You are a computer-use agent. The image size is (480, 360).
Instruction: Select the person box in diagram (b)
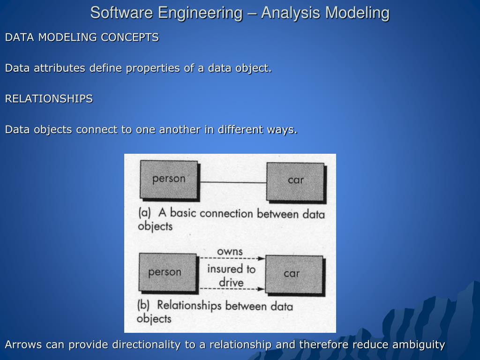pyautogui.click(x=165, y=272)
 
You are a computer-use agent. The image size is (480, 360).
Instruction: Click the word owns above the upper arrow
pyautogui.click(x=230, y=252)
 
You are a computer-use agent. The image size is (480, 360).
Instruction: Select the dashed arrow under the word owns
pyautogui.click(x=232, y=258)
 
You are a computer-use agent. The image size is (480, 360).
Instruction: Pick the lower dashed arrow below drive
pyautogui.click(x=232, y=289)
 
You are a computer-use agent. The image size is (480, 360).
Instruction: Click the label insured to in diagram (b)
pyautogui.click(x=231, y=269)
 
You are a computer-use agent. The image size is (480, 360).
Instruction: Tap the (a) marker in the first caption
pyautogui.click(x=144, y=212)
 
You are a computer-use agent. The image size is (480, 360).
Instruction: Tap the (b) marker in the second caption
pyautogui.click(x=143, y=305)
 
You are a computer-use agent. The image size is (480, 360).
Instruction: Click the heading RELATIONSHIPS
pyautogui.click(x=49, y=99)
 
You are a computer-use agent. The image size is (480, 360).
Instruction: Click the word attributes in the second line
pyautogui.click(x=59, y=68)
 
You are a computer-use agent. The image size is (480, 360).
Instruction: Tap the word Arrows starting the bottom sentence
pyautogui.click(x=23, y=345)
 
